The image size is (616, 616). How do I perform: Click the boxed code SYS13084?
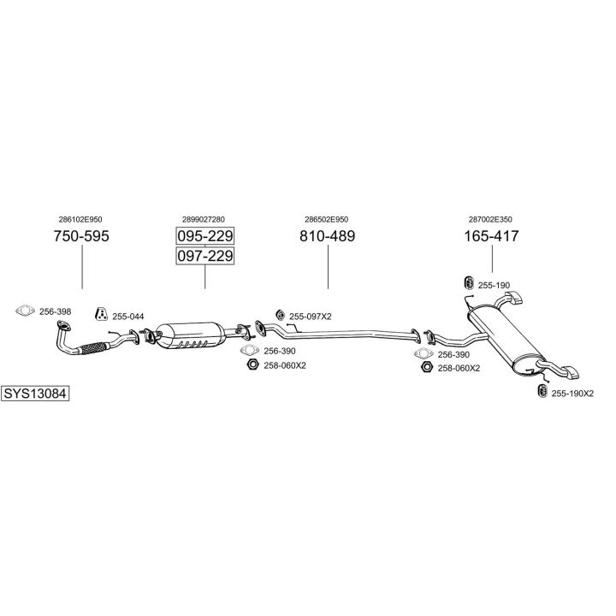(35, 394)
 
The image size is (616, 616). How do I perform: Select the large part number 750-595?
(82, 236)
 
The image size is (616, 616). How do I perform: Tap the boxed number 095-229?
(205, 236)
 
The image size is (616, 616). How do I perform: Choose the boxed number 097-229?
(205, 256)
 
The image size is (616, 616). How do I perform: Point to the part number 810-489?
(327, 236)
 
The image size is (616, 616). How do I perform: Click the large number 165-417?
(492, 236)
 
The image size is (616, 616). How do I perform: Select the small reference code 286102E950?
(82, 219)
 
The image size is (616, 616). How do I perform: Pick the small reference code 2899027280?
(205, 219)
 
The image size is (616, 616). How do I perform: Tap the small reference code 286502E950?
(327, 219)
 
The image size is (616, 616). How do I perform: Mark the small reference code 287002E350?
(492, 219)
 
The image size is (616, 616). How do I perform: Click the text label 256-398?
(56, 311)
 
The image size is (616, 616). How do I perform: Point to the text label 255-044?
(128, 317)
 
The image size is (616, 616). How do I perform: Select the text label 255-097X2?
(311, 317)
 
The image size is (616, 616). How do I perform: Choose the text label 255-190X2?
(572, 394)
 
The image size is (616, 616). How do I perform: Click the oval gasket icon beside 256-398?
(24, 311)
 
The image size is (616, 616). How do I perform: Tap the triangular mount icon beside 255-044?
(101, 313)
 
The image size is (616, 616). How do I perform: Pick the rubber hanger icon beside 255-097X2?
(279, 315)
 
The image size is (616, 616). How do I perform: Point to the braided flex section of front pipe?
(92, 348)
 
